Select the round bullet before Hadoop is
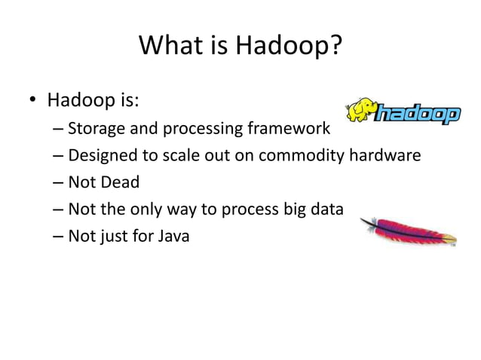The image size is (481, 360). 34,101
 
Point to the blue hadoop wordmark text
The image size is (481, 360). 417,114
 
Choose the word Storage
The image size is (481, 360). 93,129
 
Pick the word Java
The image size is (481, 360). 174,237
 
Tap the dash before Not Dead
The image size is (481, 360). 59,183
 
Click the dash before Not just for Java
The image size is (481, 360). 59,237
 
